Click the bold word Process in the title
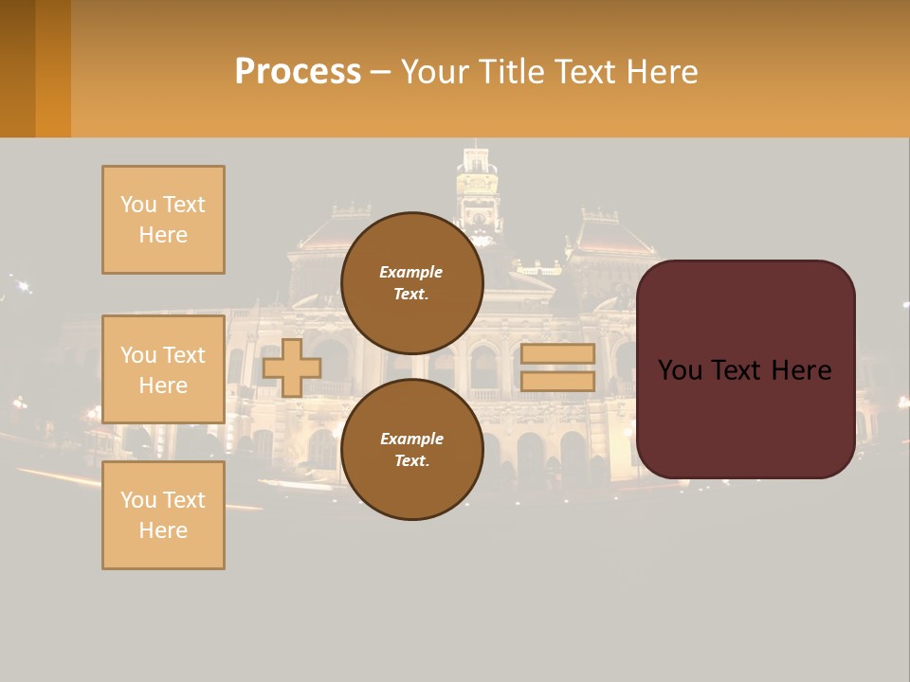point(298,71)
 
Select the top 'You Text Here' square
point(163,220)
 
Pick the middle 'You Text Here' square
point(163,369)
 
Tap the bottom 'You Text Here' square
point(163,515)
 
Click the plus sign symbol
point(292,368)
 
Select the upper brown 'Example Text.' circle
point(411,282)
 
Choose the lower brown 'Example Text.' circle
point(411,449)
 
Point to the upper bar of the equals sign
point(557,354)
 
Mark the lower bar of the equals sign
point(557,381)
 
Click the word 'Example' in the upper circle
point(411,272)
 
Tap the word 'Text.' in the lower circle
point(411,460)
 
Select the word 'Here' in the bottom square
point(163,530)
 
